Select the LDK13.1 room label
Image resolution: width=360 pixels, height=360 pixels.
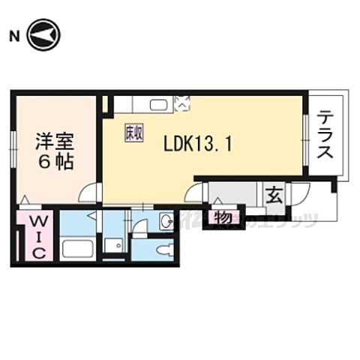pos(197,142)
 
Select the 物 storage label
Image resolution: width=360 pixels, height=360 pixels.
pos(223,217)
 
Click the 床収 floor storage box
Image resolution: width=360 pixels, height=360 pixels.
pos(133,132)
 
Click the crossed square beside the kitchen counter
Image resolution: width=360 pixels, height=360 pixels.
pos(182,104)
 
